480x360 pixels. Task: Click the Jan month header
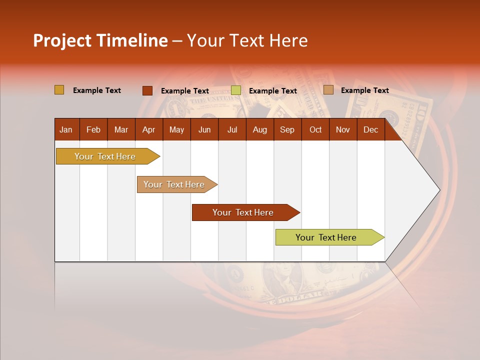[x=66, y=129]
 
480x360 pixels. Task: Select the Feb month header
[x=93, y=129]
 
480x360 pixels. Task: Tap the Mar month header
[x=121, y=129]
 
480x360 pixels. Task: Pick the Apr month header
[x=148, y=129]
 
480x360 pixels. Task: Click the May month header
[x=176, y=129]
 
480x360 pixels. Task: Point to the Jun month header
[x=204, y=129]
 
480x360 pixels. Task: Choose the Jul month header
[x=232, y=129]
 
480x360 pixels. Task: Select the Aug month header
[x=259, y=129]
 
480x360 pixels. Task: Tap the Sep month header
[x=287, y=129]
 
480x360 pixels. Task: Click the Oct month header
[x=315, y=129]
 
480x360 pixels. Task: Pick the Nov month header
[x=343, y=129]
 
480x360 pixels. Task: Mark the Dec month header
[x=370, y=129]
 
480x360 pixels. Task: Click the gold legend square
[x=59, y=90]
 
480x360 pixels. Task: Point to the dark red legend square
[x=147, y=90]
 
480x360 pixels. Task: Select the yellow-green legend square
[x=236, y=90]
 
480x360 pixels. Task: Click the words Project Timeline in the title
[x=100, y=40]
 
